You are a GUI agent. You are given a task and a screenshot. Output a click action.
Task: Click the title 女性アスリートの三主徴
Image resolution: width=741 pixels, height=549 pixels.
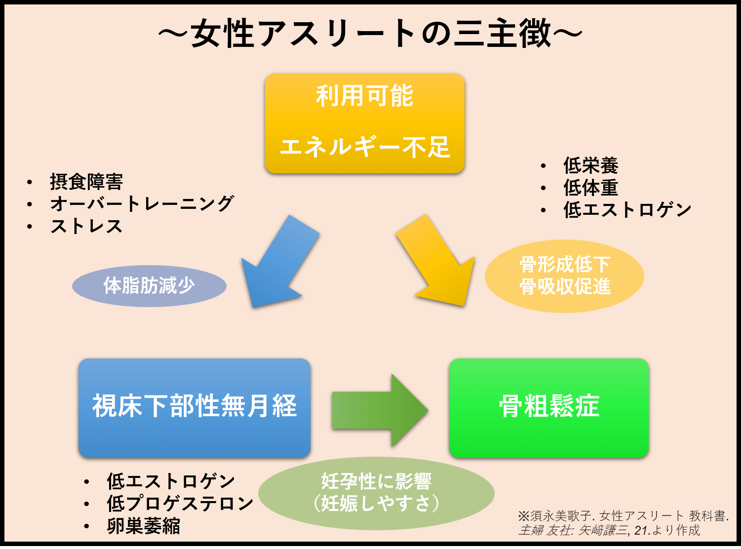[x=370, y=34]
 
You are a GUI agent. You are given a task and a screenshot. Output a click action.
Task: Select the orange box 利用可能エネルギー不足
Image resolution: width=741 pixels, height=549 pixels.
[x=365, y=123]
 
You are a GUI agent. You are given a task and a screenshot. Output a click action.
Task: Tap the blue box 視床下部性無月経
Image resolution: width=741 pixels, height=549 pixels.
[x=195, y=407]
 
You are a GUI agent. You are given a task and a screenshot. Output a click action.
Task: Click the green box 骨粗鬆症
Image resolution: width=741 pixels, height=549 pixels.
[x=548, y=407]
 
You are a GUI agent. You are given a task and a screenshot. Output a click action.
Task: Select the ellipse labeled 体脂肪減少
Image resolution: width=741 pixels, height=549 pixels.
[x=149, y=286]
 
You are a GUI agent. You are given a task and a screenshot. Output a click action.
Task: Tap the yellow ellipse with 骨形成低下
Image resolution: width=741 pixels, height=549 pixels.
[x=564, y=276]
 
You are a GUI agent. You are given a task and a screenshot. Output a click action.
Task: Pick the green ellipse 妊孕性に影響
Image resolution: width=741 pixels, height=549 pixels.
[x=376, y=493]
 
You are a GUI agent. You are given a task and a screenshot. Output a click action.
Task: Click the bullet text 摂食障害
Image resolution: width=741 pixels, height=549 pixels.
[x=86, y=182]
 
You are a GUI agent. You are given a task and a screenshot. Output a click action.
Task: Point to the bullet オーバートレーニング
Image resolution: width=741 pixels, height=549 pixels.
[x=142, y=204]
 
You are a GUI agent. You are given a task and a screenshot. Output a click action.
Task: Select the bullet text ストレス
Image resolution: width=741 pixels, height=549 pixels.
[x=86, y=226]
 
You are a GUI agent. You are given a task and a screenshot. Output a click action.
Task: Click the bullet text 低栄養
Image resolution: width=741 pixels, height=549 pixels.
[x=591, y=166]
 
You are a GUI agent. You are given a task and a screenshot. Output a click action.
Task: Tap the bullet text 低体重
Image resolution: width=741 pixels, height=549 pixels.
[x=591, y=188]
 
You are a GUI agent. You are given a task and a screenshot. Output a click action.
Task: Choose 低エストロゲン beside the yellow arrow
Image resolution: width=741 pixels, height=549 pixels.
[x=627, y=210]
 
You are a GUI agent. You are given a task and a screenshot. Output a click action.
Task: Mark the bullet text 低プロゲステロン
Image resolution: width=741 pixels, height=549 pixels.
[x=180, y=504]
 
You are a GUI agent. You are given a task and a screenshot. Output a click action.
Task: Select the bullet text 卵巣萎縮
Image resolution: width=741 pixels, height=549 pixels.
[x=144, y=526]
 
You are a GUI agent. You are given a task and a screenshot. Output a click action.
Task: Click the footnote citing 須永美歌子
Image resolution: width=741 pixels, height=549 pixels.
[x=623, y=523]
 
